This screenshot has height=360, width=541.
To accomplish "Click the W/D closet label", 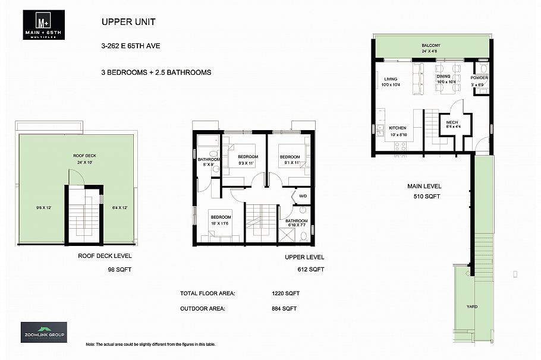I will [x=303, y=196].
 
